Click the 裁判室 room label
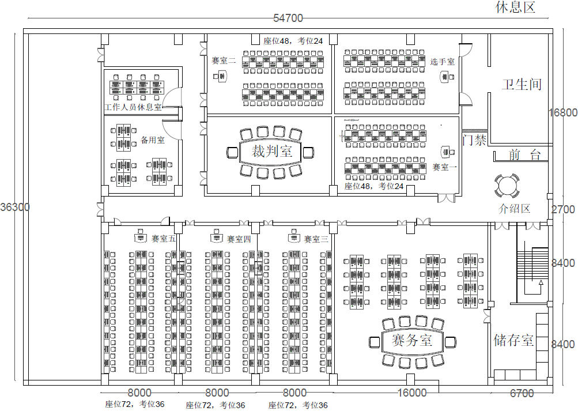(271, 152)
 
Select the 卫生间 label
(522, 84)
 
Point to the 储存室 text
(513, 340)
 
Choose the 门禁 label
(474, 140)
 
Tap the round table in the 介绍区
(507, 186)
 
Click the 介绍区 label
(514, 209)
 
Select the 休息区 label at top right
(516, 7)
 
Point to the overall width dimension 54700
(288, 18)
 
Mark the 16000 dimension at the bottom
(412, 393)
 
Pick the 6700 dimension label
(522, 393)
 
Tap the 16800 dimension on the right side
(562, 112)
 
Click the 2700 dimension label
(562, 209)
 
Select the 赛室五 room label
(164, 239)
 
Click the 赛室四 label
(239, 239)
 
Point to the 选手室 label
(442, 61)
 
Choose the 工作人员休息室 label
(133, 108)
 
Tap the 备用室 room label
(153, 140)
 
